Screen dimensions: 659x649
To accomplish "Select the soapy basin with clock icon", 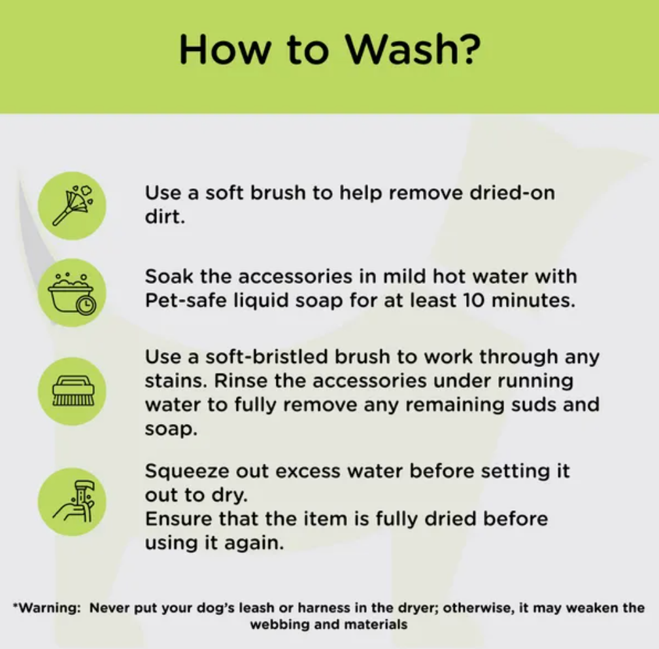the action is [x=73, y=293].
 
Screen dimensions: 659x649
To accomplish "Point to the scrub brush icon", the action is [x=73, y=391].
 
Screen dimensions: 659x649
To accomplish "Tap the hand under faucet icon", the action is [x=73, y=502].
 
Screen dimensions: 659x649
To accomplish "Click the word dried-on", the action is [x=512, y=193].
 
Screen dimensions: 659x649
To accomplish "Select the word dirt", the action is [x=165, y=217].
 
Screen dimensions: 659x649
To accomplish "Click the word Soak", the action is [x=169, y=276].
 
